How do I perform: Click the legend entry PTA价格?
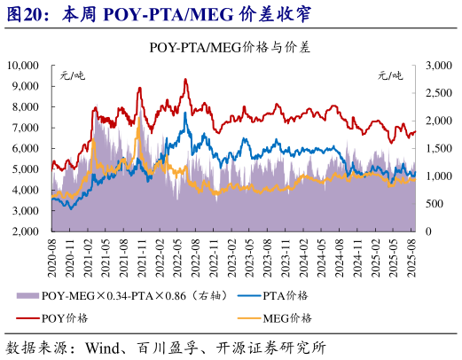[287, 295]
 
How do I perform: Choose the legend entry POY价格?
[65, 317]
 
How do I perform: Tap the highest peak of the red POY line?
[185, 80]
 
